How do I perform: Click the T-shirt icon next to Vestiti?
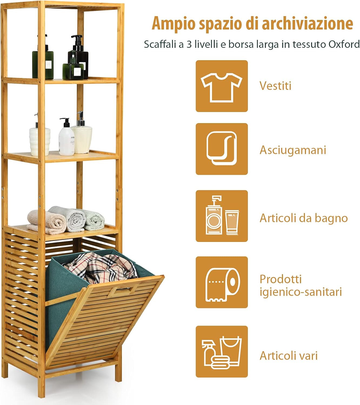(222, 86)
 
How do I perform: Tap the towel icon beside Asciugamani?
(222, 149)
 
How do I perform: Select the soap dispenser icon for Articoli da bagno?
(222, 216)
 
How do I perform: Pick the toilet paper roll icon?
(222, 282)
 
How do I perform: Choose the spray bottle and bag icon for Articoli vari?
(222, 351)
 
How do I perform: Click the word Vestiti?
(275, 86)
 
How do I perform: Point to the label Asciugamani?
(293, 150)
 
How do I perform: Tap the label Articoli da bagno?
(304, 218)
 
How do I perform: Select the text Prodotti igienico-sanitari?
(301, 285)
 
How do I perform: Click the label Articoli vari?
(288, 356)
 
